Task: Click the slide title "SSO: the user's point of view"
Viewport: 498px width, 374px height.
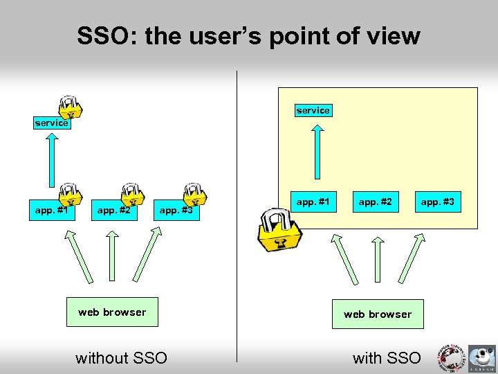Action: point(248,36)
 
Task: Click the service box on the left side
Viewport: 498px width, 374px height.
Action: point(52,123)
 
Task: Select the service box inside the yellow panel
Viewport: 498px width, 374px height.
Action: point(313,110)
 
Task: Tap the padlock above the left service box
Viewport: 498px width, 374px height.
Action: point(69,105)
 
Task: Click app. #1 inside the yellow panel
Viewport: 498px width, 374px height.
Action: point(313,202)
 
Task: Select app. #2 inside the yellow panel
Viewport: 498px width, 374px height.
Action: point(376,202)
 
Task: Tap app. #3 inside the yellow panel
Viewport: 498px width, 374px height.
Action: point(438,202)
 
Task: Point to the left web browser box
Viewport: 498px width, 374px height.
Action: point(112,312)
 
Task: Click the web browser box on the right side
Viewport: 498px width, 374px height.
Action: point(378,314)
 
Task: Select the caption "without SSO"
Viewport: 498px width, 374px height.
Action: point(121,358)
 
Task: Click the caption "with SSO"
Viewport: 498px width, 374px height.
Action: point(387,358)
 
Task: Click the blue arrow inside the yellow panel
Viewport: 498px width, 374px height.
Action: point(316,152)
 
